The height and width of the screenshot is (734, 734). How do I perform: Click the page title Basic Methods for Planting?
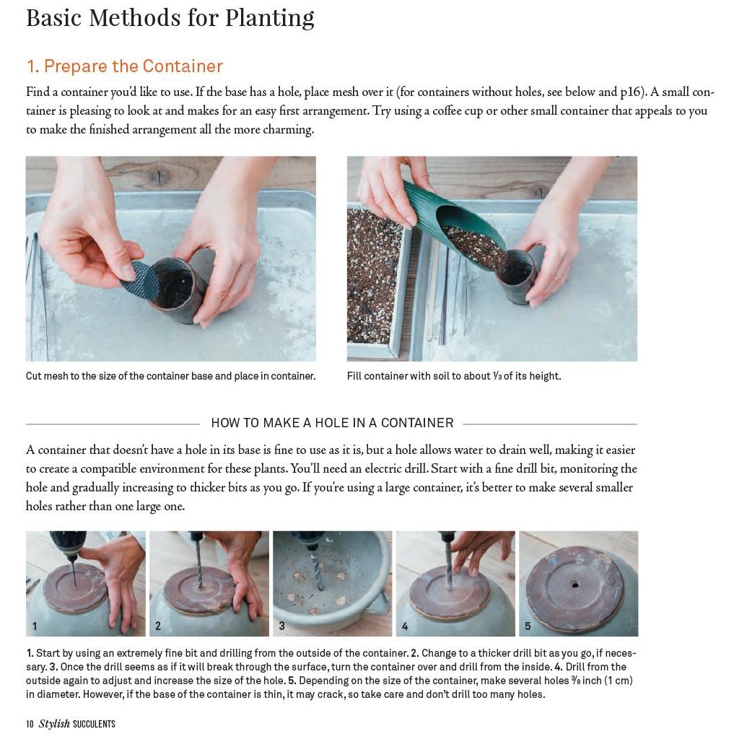(x=170, y=17)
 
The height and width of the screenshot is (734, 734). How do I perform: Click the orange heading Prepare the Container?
(x=124, y=66)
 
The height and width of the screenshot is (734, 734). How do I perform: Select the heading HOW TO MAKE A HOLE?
(x=332, y=423)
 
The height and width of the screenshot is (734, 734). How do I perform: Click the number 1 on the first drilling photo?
(x=35, y=626)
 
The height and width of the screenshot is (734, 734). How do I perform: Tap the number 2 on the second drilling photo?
(x=158, y=626)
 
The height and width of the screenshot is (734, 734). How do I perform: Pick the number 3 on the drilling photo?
(x=281, y=626)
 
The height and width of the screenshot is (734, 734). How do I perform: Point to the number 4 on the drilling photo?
(x=405, y=626)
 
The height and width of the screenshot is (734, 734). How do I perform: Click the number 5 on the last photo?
(x=528, y=626)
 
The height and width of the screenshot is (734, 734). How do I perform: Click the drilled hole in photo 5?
(x=574, y=584)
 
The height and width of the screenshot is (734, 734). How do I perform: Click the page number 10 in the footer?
(x=30, y=724)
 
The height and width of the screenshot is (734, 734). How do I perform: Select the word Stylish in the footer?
(x=54, y=724)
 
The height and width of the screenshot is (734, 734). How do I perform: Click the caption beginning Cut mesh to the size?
(x=170, y=376)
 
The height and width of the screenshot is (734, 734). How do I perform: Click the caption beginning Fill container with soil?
(x=453, y=376)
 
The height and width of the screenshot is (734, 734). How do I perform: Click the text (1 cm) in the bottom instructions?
(x=619, y=681)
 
